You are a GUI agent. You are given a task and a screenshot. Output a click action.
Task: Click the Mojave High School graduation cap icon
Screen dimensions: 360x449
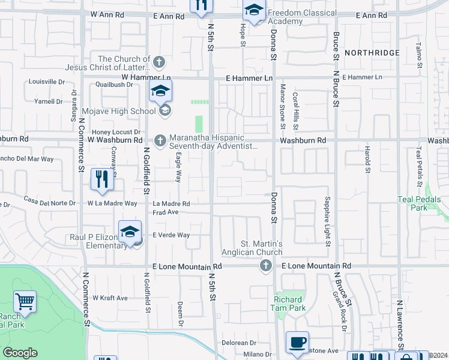tap(160, 92)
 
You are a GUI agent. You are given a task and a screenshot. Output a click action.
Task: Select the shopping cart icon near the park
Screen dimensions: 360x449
tap(25, 301)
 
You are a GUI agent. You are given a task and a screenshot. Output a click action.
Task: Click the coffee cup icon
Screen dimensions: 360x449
tap(297, 342)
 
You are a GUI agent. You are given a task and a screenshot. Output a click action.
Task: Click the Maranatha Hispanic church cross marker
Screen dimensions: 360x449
tap(160, 140)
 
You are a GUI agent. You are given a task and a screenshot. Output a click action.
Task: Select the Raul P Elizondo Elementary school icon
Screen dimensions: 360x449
tap(130, 232)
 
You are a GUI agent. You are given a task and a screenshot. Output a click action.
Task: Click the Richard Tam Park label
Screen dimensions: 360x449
tap(289, 304)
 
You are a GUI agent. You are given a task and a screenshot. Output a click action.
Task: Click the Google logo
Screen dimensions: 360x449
tap(20, 353)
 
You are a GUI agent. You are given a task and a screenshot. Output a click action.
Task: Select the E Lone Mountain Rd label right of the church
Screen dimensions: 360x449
tap(316, 266)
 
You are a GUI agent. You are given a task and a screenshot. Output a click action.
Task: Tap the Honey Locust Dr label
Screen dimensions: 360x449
tap(116, 132)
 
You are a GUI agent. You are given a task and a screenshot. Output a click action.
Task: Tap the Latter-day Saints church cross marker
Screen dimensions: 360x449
tap(159, 61)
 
